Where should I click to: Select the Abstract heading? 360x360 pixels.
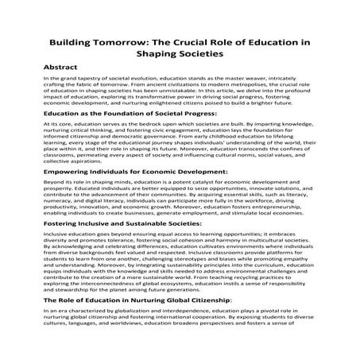pos(65,68)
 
